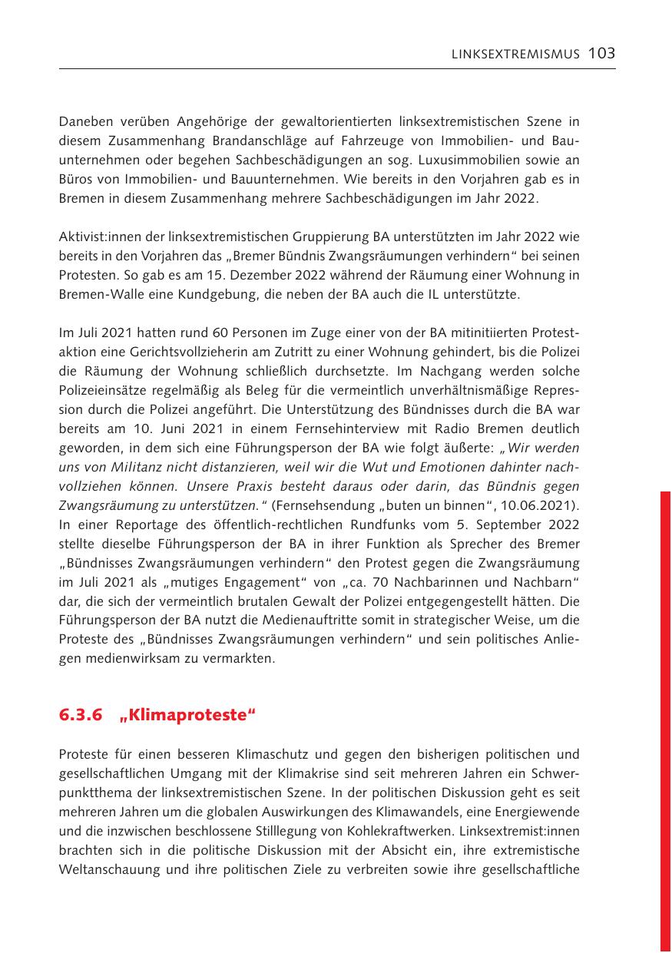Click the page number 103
click(602, 53)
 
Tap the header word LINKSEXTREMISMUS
click(515, 54)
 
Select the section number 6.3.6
click(81, 716)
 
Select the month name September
click(499, 524)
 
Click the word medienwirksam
click(126, 659)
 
